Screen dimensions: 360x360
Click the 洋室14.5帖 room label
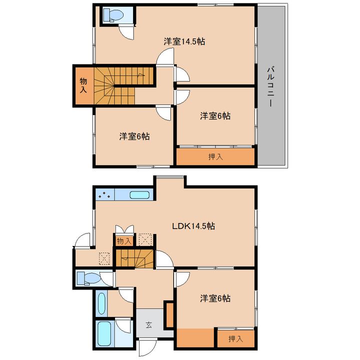pos(184,41)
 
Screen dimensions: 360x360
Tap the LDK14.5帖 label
pos(193,226)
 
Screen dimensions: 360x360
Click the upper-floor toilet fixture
pos(113,15)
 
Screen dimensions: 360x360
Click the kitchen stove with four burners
pos(105,195)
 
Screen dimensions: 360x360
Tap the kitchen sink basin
pos(139,195)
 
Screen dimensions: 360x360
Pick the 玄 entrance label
pos(149,325)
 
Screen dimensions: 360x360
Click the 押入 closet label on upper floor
pos(215,157)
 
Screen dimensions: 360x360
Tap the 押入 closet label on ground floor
pos(236,338)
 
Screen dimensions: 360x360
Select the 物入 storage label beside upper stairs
pos(83,85)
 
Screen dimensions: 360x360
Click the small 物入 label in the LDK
pos(124,241)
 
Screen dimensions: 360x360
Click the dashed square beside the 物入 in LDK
pos(145,239)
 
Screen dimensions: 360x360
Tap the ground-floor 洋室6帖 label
pos(215,298)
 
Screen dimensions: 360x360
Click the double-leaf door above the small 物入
pos(124,229)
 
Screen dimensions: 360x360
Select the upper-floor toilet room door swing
pos(126,32)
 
